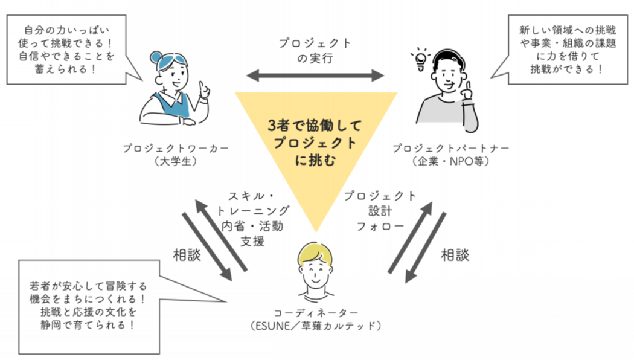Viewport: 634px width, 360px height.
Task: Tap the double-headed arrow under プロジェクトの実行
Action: point(316,76)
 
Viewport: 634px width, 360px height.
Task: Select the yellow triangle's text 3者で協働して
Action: point(315,126)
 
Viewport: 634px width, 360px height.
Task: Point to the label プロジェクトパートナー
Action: point(451,148)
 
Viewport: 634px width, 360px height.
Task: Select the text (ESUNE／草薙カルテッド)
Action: point(316,327)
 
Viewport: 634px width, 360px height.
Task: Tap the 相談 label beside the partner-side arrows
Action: point(455,255)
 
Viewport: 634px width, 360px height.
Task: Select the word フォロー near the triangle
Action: point(380,227)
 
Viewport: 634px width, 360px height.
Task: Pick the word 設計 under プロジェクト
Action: point(380,211)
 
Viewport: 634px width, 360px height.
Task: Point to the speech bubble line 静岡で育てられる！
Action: point(88,325)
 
